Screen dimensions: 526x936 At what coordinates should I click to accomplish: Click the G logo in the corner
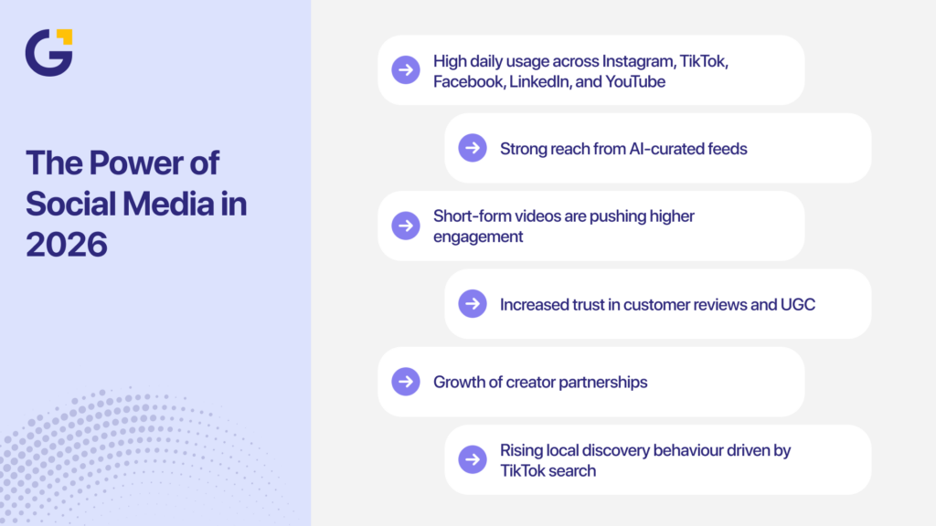48,53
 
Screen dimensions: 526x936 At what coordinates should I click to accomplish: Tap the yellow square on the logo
64,37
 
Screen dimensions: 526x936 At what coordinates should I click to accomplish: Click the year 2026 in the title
67,243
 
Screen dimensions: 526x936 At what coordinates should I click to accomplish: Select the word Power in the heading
144,163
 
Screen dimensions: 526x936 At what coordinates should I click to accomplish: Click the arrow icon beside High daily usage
406,70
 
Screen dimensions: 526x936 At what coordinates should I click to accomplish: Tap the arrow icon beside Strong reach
473,148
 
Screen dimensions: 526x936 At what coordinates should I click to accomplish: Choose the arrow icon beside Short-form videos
406,226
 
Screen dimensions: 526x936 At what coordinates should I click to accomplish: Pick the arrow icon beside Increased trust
473,303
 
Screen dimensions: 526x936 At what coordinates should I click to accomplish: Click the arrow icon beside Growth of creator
406,381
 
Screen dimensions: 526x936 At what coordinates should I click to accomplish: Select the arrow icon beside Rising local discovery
473,458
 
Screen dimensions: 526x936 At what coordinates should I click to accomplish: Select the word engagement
478,237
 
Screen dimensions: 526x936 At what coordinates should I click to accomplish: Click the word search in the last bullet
570,471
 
